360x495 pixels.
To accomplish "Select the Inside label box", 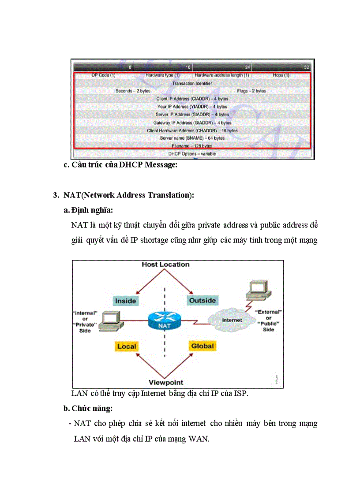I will point(125,301).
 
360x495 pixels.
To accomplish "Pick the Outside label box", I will point(202,300).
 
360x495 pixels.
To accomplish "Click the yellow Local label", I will point(127,346).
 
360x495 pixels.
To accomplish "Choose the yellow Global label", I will point(202,346).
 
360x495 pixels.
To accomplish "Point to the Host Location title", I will point(165,264).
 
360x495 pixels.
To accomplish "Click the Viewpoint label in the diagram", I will point(165,382).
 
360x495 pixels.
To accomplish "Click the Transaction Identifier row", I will point(192,83).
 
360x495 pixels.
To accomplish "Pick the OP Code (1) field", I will point(103,75).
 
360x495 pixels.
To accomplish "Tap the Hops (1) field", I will point(281,75).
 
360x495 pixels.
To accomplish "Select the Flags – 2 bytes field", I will point(251,91).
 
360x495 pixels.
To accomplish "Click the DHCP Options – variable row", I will point(192,154).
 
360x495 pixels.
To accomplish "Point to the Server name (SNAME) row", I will point(192,138).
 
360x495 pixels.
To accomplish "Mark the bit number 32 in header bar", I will point(307,67).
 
